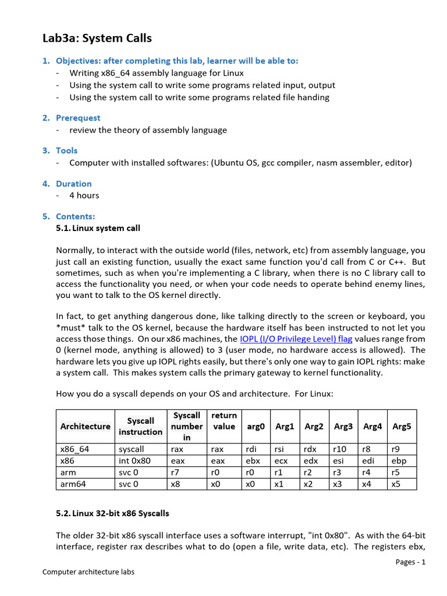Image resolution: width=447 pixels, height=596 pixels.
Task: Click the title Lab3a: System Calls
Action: click(x=97, y=38)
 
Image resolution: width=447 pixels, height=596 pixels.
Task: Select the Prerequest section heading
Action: click(x=77, y=118)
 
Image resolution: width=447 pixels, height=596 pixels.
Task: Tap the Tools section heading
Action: click(x=66, y=150)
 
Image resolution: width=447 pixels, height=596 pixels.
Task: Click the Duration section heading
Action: click(x=73, y=183)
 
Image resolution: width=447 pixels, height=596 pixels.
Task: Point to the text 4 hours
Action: click(x=84, y=195)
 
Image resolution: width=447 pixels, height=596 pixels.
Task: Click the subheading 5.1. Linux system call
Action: click(x=98, y=228)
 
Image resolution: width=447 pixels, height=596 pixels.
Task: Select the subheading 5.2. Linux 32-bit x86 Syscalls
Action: click(x=112, y=513)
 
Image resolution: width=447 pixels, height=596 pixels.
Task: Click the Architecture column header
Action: click(x=85, y=426)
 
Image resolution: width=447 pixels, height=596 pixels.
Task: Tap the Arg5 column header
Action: click(x=402, y=426)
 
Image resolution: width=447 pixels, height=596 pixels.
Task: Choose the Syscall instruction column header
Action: click(x=140, y=426)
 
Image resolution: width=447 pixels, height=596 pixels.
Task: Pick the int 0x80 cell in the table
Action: click(x=132, y=460)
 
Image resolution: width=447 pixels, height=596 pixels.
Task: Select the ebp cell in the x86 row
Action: click(x=399, y=460)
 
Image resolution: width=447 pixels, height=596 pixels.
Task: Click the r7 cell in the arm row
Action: click(x=174, y=472)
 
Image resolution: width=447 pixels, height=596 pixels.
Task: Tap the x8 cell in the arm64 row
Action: click(x=175, y=484)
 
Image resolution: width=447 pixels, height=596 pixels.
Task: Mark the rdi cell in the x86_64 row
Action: click(x=251, y=449)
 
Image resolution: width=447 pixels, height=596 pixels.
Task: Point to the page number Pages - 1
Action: click(x=410, y=562)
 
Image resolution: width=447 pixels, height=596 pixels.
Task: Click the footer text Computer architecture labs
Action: click(x=88, y=572)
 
